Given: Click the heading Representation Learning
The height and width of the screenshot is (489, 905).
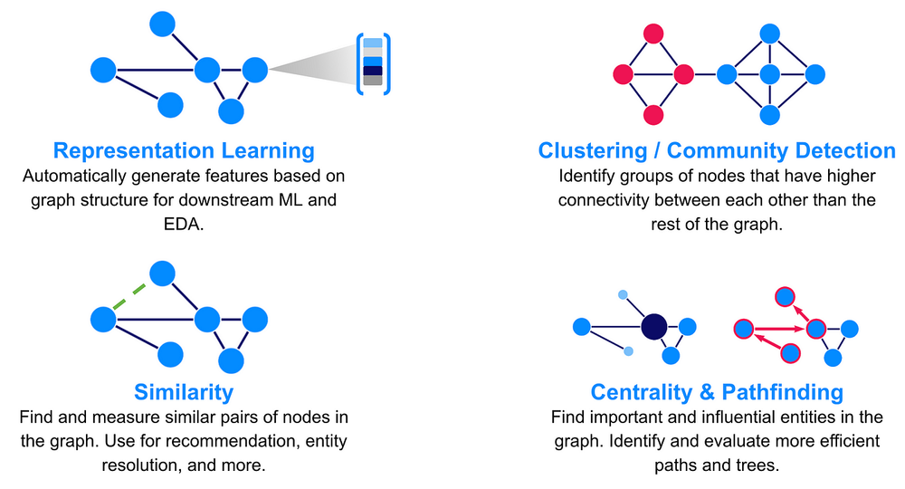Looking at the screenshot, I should (184, 150).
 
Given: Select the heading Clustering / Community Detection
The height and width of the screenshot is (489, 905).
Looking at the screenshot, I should (717, 150).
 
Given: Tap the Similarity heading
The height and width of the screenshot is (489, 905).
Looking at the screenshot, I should (184, 392).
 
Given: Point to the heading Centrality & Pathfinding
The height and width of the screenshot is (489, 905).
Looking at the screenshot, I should (717, 392).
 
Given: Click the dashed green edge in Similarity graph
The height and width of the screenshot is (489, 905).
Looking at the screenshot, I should (132, 295).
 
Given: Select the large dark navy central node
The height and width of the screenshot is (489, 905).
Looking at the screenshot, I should (653, 327).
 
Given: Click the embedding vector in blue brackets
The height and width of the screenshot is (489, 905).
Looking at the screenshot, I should (373, 62).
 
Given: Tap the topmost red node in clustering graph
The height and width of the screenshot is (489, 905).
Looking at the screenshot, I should (653, 34).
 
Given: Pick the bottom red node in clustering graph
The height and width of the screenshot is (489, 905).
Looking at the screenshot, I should (653, 115).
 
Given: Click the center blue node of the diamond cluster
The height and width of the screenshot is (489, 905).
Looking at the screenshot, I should (769, 74).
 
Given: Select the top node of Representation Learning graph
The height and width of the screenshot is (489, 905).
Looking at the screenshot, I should (162, 24).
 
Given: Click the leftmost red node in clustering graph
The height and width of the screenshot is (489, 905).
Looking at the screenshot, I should (623, 74).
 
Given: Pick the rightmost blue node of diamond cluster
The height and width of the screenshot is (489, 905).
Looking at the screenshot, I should (815, 74).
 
